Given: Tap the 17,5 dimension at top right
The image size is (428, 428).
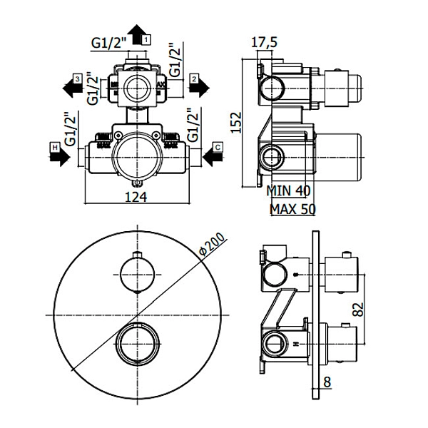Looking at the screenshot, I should [x=265, y=43].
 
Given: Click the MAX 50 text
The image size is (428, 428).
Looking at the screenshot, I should [x=292, y=209].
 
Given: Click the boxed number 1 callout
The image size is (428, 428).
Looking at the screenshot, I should [x=146, y=40].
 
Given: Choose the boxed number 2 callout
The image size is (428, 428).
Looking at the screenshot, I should [x=193, y=77].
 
